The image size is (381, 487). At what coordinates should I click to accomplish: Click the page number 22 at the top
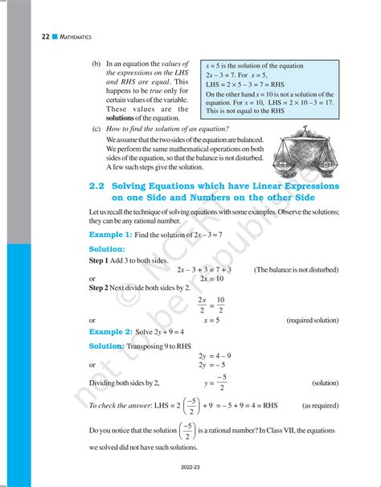pos(23,37)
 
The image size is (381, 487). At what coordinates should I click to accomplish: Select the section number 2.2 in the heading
pos(100,186)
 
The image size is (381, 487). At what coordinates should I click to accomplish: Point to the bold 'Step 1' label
pos(102,260)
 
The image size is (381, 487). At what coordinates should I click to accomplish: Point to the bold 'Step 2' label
pos(102,287)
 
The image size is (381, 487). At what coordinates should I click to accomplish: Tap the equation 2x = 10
pos(211,278)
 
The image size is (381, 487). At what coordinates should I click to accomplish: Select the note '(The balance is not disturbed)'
pos(296,269)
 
